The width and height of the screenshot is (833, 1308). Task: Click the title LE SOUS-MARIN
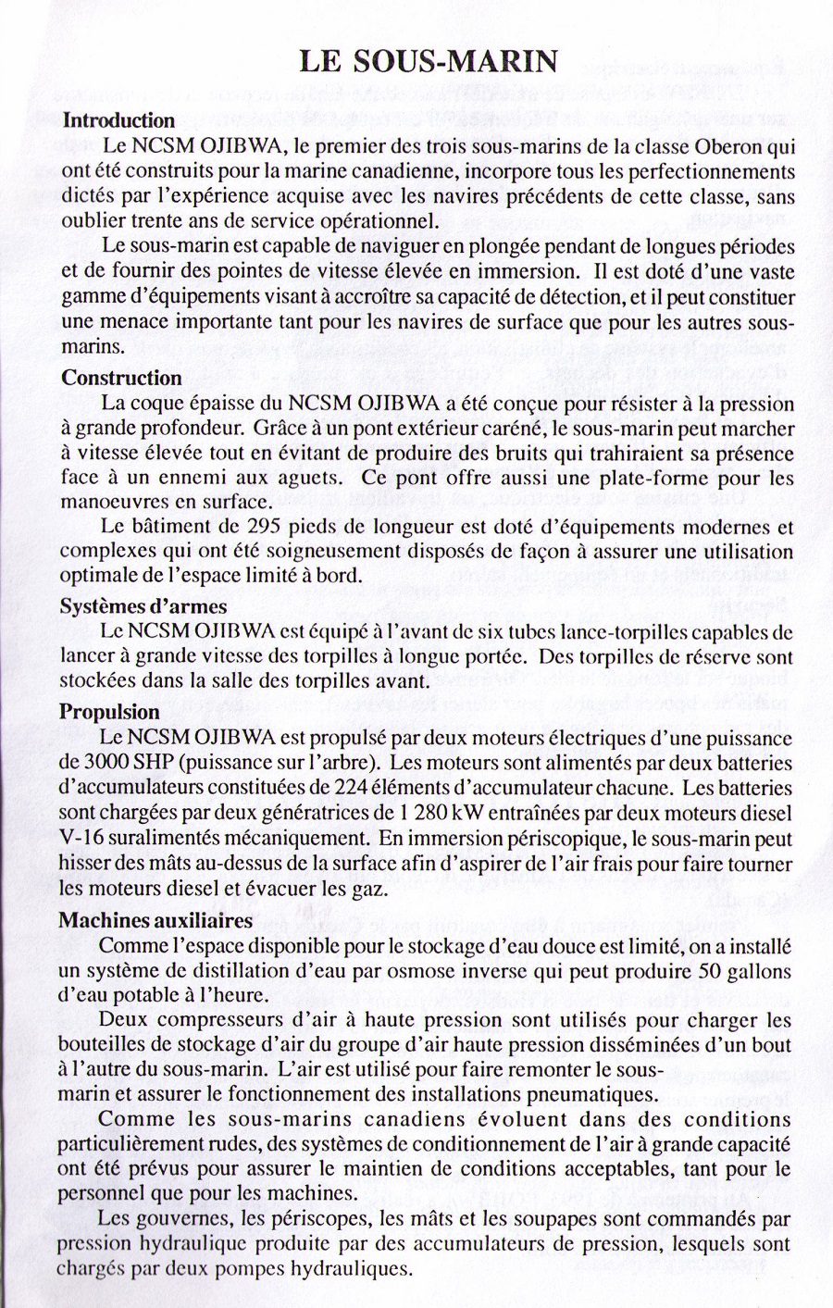[429, 61]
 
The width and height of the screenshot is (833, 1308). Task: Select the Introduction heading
[118, 120]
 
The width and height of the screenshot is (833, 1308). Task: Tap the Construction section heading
[121, 378]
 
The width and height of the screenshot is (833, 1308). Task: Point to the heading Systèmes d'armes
[143, 607]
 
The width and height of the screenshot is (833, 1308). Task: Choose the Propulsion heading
[109, 712]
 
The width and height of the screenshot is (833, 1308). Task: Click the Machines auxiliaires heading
[155, 920]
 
